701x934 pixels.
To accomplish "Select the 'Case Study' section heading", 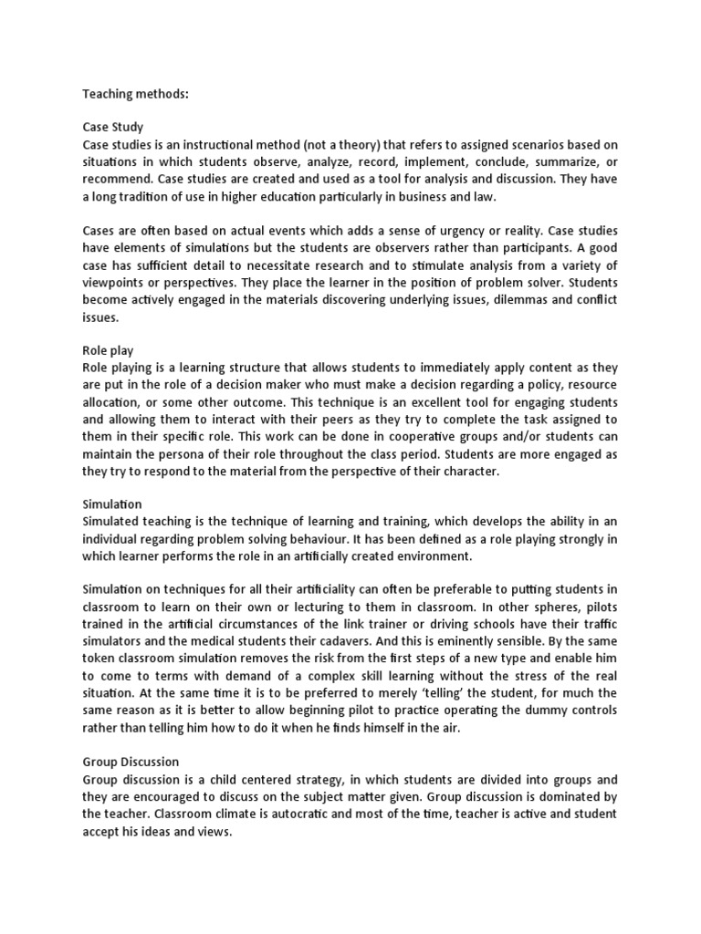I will pos(113,128).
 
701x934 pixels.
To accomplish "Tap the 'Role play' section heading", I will pos(108,349).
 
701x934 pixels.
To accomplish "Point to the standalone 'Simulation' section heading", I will pos(113,503).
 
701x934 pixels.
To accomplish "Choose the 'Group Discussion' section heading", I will pos(131,761).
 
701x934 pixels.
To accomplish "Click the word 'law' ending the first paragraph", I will pos(467,198).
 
